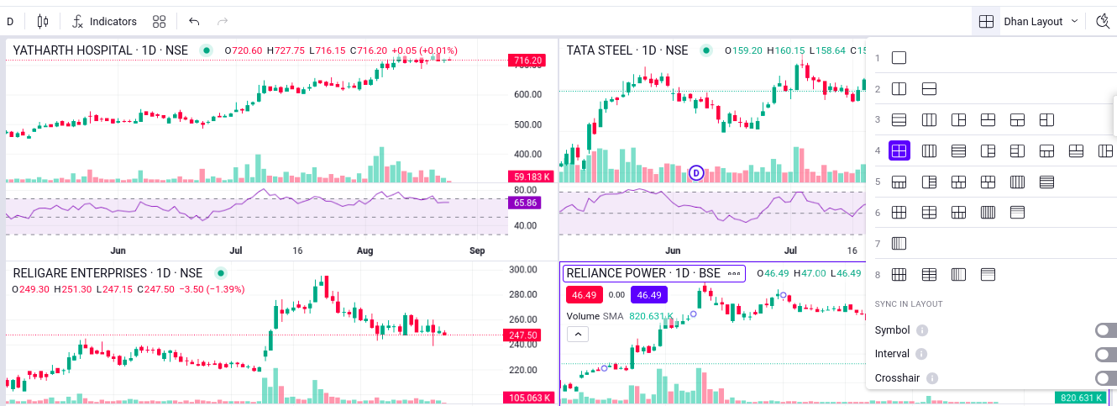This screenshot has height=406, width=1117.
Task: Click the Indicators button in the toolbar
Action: pyautogui.click(x=104, y=21)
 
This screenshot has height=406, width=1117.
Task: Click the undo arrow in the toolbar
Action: pyautogui.click(x=194, y=21)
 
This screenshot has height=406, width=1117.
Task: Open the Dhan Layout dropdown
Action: pyautogui.click(x=1041, y=21)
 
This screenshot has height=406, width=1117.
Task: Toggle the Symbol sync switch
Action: pyautogui.click(x=1106, y=330)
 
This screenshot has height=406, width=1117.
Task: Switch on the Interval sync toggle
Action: pyautogui.click(x=1106, y=354)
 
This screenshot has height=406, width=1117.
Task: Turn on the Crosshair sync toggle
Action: pyautogui.click(x=1106, y=378)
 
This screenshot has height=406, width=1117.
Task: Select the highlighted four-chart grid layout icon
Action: pyautogui.click(x=899, y=151)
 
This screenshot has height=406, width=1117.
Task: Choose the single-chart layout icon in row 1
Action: pyautogui.click(x=899, y=58)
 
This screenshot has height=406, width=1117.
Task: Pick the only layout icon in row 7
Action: pyautogui.click(x=899, y=244)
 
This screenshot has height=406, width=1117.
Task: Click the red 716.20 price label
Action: pyautogui.click(x=527, y=61)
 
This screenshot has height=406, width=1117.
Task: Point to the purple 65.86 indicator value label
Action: pyautogui.click(x=527, y=203)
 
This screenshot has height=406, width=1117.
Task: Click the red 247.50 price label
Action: pyautogui.click(x=527, y=335)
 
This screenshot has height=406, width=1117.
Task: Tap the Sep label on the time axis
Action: pyautogui.click(x=477, y=250)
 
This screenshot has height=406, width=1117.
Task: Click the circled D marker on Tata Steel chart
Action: pyautogui.click(x=696, y=173)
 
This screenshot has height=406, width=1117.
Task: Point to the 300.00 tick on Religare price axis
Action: pyautogui.click(x=522, y=270)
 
